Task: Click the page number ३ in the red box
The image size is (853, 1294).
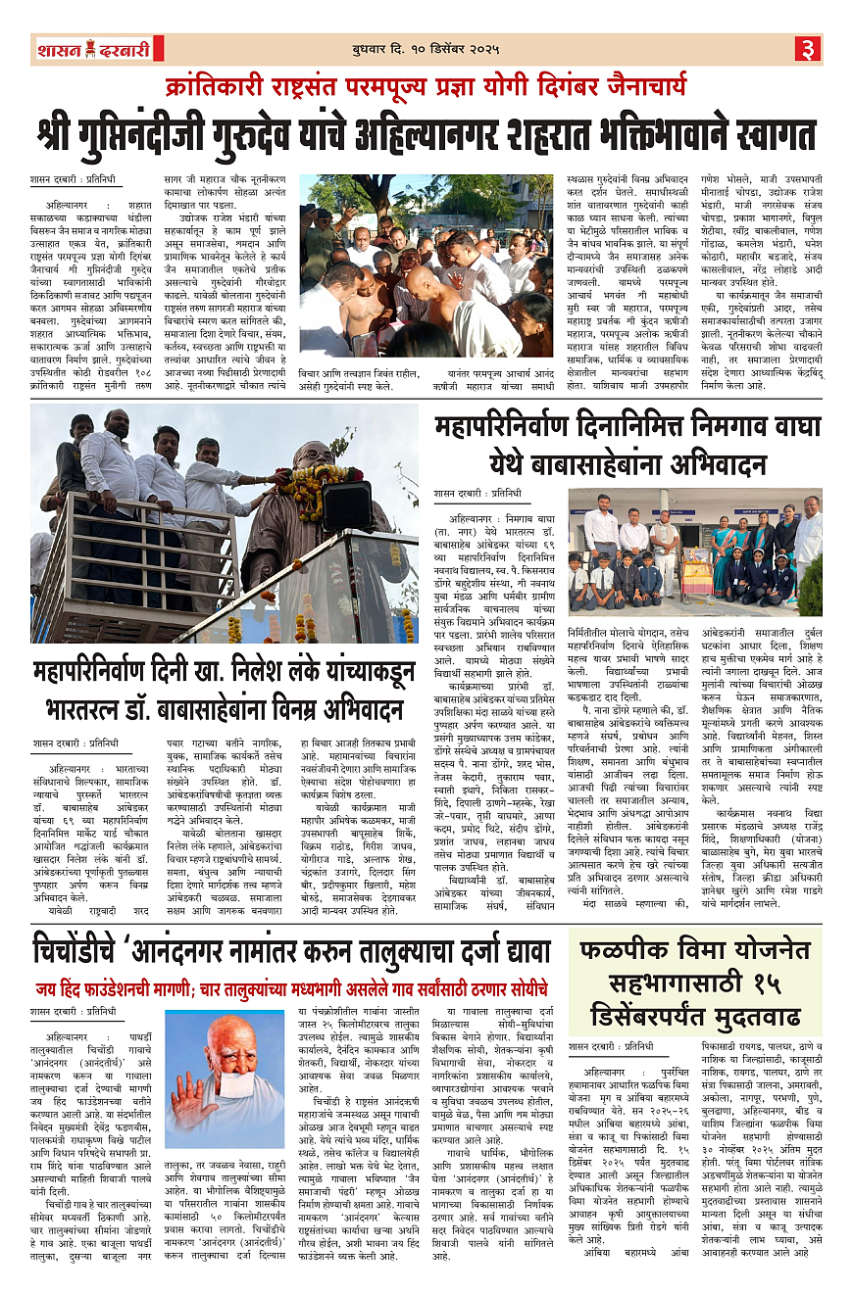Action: coord(808,48)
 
